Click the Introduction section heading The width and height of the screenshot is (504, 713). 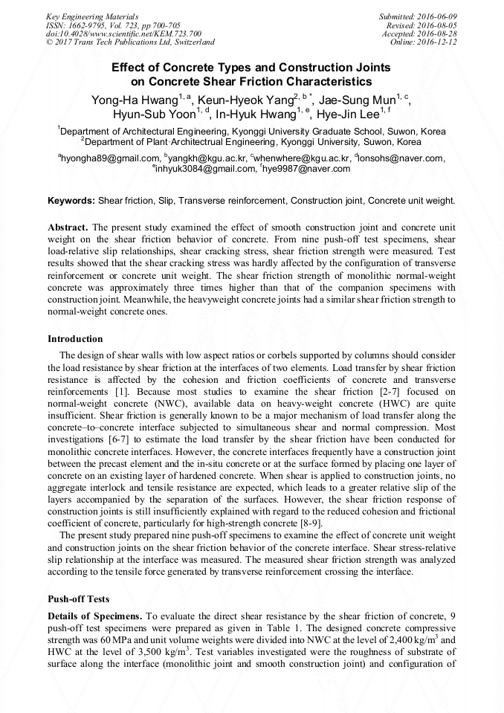coord(75,339)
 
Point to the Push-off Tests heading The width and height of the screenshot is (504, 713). coord(79,599)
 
